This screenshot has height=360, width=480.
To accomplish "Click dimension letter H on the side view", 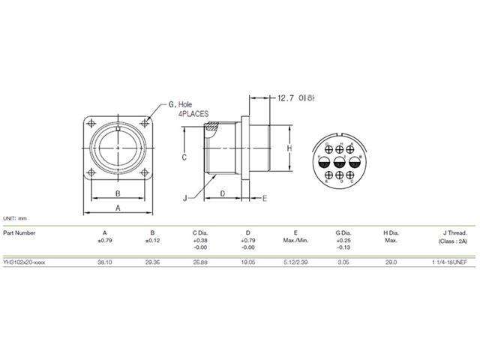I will click(x=288, y=149).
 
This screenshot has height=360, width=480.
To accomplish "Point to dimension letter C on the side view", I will click(x=184, y=157).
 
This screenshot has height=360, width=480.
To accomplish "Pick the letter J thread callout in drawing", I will click(x=184, y=199).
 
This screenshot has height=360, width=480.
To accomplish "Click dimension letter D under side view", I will click(x=223, y=193).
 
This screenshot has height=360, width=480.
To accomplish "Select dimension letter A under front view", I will click(x=118, y=207).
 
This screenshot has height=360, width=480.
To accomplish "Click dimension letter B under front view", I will click(x=118, y=193).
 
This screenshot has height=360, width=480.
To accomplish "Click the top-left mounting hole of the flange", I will click(x=91, y=124).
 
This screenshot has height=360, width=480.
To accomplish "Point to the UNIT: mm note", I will click(x=15, y=217).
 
